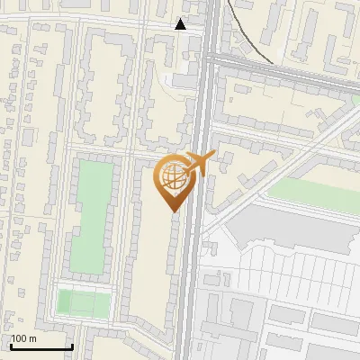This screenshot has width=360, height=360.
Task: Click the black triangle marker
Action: coord(181,24)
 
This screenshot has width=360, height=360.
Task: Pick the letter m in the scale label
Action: coord(33,338)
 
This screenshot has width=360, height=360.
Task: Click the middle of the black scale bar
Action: coord(41,346)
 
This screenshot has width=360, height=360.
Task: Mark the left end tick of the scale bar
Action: coord(12,346)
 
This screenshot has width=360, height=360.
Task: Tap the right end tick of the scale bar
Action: coord(72,346)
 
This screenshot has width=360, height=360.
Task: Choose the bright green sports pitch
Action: coord(83,301)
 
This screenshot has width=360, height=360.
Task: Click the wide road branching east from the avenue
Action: coord(288,76)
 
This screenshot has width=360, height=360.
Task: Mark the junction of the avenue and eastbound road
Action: coord(207,59)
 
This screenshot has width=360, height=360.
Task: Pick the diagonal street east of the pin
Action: coord(270,180)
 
